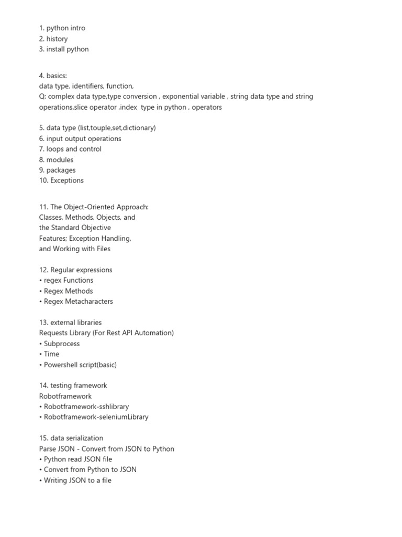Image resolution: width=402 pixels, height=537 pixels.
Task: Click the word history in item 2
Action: (57, 39)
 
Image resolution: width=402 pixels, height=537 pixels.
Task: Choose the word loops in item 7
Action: (55, 149)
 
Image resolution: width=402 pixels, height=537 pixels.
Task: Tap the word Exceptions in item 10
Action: (67, 180)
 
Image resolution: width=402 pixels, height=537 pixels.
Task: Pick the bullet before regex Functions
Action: (41, 281)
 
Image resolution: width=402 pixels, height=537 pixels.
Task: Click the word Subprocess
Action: (62, 343)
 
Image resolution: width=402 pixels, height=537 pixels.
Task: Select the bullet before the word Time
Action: (41, 354)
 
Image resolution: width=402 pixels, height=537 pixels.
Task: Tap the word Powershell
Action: (62, 364)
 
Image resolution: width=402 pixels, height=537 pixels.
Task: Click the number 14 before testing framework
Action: (44, 385)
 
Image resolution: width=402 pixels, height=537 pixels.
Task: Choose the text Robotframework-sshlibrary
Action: (86, 406)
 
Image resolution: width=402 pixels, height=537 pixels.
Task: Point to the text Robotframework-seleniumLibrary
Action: (96, 417)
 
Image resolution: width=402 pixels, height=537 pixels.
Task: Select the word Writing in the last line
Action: (55, 480)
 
